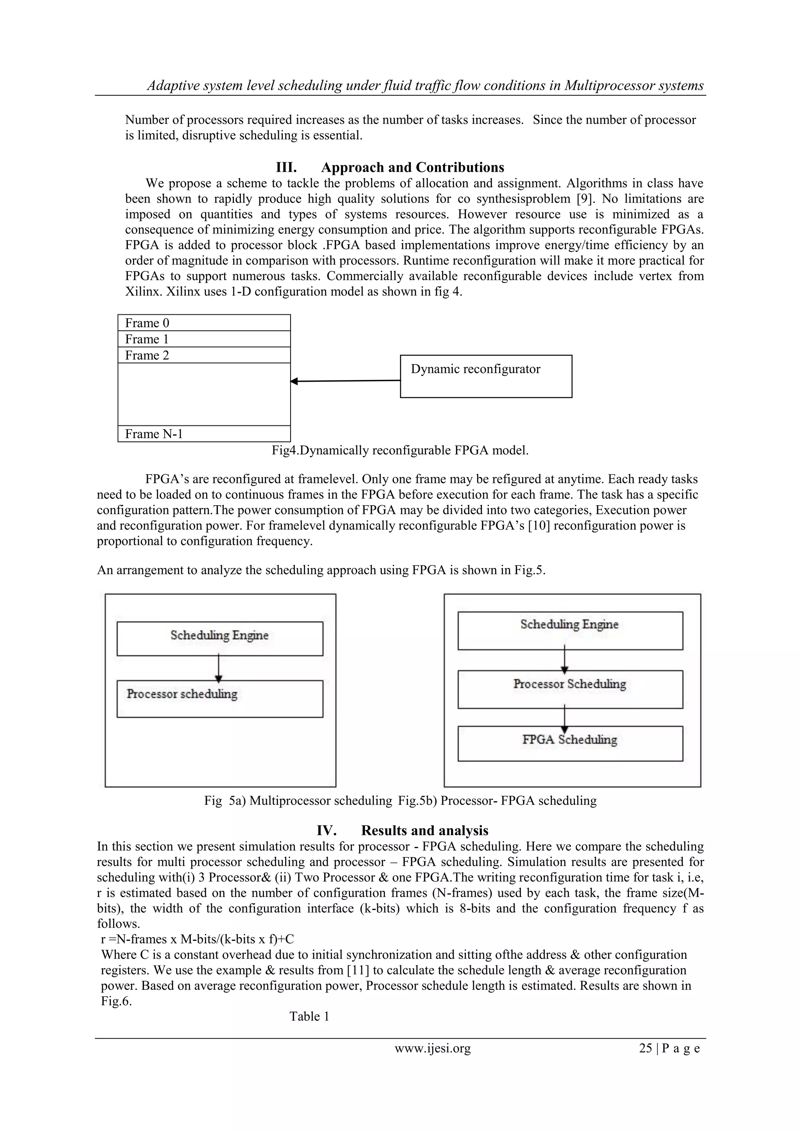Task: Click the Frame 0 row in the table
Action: pyautogui.click(x=204, y=323)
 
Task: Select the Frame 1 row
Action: pyautogui.click(x=204, y=339)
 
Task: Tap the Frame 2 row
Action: pyautogui.click(x=204, y=355)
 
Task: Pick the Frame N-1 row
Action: pyautogui.click(x=204, y=434)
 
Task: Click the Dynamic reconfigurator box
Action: pyautogui.click(x=486, y=376)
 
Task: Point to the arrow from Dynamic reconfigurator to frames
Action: pyautogui.click(x=345, y=380)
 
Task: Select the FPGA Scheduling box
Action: pyautogui.click(x=570, y=743)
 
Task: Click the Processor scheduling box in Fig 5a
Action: pyautogui.click(x=219, y=699)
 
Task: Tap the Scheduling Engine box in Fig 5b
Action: pyautogui.click(x=570, y=631)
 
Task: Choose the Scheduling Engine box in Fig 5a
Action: pyautogui.click(x=219, y=639)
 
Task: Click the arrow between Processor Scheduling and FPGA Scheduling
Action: pyautogui.click(x=565, y=718)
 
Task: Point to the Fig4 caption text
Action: pyautogui.click(x=400, y=450)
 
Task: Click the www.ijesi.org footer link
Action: pyautogui.click(x=433, y=1048)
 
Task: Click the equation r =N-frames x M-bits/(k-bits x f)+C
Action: pyautogui.click(x=197, y=939)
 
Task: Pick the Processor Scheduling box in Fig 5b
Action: pyautogui.click(x=570, y=689)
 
